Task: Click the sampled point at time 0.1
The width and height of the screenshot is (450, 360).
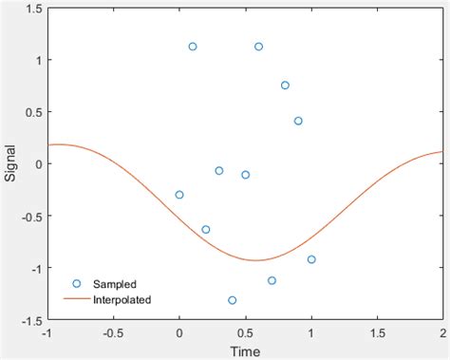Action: (x=193, y=47)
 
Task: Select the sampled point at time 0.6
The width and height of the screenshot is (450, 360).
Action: (x=258, y=47)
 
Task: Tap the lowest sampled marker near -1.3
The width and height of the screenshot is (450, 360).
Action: (x=233, y=300)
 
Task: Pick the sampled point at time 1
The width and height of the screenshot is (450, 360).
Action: (x=311, y=259)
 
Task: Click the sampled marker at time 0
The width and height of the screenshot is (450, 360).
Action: (x=179, y=195)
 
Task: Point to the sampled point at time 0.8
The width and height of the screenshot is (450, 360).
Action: (x=285, y=85)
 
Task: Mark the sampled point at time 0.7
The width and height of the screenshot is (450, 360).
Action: (x=272, y=280)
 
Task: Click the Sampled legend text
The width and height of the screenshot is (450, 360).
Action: (x=115, y=284)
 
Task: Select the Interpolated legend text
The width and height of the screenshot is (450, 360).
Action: (x=122, y=299)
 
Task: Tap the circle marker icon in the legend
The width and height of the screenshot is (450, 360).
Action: (x=77, y=284)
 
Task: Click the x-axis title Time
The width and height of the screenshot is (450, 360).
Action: (x=245, y=351)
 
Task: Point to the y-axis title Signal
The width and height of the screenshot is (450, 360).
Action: (x=10, y=164)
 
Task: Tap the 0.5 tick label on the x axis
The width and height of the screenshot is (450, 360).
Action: (x=245, y=334)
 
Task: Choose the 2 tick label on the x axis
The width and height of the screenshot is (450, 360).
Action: (x=442, y=334)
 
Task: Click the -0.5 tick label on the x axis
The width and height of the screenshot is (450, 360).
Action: (x=112, y=334)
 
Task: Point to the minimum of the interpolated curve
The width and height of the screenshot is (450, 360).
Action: (x=254, y=260)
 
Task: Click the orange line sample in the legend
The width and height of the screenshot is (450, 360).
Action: (x=77, y=299)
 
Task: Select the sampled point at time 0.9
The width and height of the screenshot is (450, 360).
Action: (x=298, y=121)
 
